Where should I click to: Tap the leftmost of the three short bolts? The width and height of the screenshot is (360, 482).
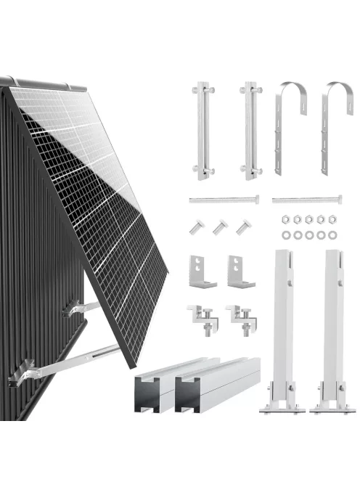tap(197, 228)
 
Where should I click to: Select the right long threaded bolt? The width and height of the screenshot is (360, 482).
tap(306, 198)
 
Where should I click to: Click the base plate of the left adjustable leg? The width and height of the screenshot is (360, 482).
tap(285, 409)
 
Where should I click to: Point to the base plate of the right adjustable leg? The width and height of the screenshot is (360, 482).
tap(330, 409)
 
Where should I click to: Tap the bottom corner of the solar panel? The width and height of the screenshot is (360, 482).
tap(132, 364)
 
